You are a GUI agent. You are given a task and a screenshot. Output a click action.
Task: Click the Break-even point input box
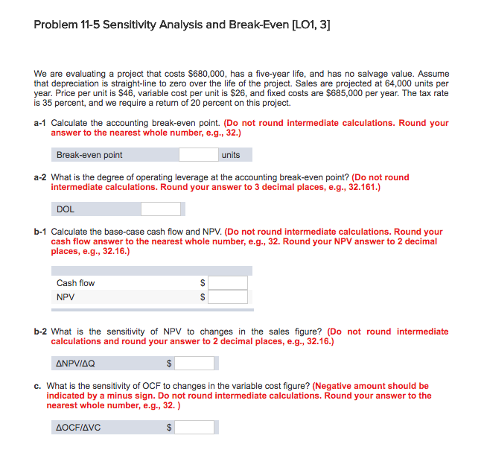(x=199, y=155)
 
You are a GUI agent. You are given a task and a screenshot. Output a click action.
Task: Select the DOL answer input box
(x=161, y=209)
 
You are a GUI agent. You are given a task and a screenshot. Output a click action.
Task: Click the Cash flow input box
(x=228, y=283)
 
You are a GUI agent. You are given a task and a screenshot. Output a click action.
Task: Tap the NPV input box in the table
(x=228, y=297)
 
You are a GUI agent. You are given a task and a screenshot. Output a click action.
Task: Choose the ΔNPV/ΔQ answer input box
(x=196, y=364)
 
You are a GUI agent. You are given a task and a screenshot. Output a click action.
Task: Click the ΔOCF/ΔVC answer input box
(x=196, y=428)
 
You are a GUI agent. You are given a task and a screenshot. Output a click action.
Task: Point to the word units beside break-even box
(x=231, y=155)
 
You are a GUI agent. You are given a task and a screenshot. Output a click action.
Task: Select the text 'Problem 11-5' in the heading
(x=68, y=25)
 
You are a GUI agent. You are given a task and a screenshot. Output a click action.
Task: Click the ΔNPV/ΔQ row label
(x=76, y=364)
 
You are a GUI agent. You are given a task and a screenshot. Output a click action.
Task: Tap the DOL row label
(x=66, y=209)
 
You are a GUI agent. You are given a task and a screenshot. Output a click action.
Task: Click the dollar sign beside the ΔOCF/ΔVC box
(x=169, y=428)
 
